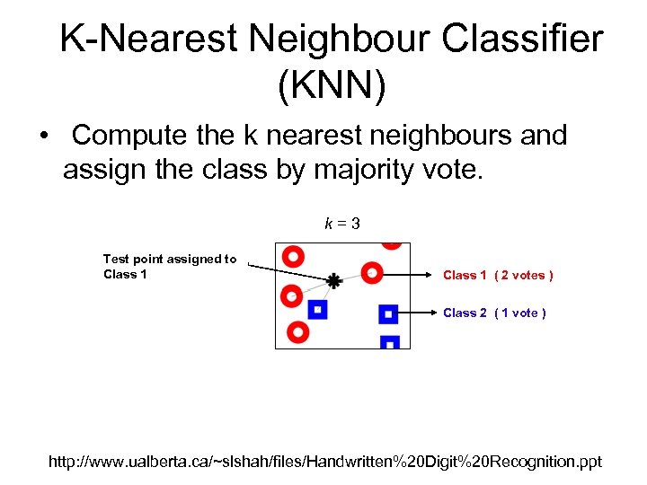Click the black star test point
tap(333, 281)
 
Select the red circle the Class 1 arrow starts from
tap(372, 272)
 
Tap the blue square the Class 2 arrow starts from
tap(388, 313)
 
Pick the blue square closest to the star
tap(316, 310)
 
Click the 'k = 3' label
tap(342, 223)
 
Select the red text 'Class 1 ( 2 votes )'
tap(498, 275)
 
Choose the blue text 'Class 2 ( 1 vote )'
tap(494, 313)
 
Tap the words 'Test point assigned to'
tap(170, 259)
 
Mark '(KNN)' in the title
tap(332, 85)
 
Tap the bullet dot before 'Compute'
tap(43, 137)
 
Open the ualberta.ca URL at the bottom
tap(324, 462)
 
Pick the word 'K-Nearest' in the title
tap(148, 40)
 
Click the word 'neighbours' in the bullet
tap(425, 136)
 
